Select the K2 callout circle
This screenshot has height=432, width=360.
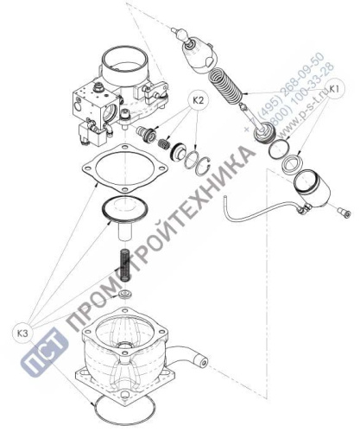(x=198, y=100)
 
